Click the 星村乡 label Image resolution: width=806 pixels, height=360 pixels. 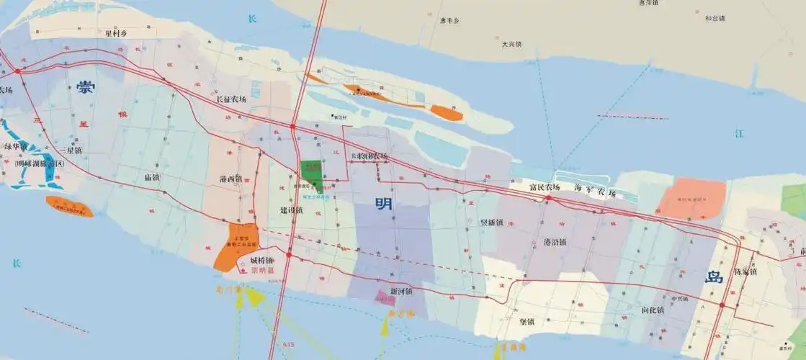coord(116,32)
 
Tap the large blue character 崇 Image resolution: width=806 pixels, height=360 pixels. coord(86,89)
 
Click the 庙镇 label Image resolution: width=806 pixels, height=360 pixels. coord(152,176)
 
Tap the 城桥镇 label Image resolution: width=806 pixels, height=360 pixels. coord(262,260)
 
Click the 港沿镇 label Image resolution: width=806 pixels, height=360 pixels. coord(555,242)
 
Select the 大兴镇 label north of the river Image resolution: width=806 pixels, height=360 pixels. coord(511,44)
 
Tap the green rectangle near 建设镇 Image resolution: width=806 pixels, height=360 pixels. coord(312,171)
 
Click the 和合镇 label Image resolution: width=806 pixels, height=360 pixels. coord(715,18)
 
